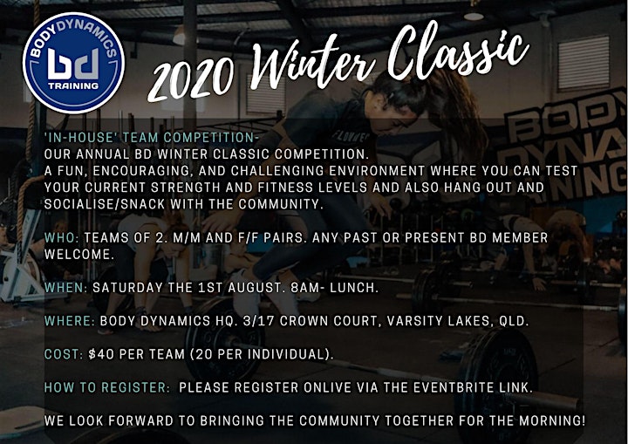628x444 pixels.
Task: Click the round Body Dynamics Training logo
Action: point(73,63)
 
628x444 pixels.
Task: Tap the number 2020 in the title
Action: point(191,80)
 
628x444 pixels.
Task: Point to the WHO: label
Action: point(62,237)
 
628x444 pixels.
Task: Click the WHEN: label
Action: point(65,288)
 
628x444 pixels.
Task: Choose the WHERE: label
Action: point(70,321)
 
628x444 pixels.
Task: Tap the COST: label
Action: point(64,354)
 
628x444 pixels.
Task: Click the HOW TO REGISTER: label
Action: point(107,387)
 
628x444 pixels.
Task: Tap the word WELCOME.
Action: point(78,255)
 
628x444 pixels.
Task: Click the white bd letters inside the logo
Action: point(73,65)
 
